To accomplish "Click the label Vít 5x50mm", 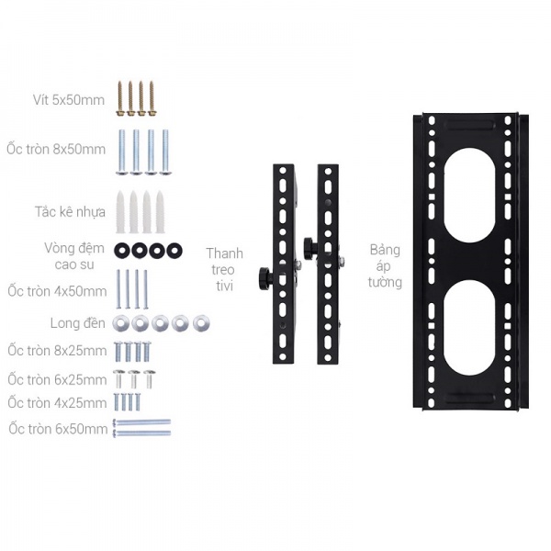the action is tap(69, 100).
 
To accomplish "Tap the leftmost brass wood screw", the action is tap(120, 99).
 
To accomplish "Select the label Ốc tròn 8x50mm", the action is tap(56, 149).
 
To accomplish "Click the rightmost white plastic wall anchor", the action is tap(160, 212).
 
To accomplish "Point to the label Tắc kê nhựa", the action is tap(71, 212).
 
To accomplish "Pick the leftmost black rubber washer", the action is tap(122, 251).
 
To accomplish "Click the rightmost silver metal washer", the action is tap(201, 323).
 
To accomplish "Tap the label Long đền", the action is tap(78, 323).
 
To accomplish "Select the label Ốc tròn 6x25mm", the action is tap(57, 379).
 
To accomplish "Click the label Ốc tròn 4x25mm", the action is tap(57, 403).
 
